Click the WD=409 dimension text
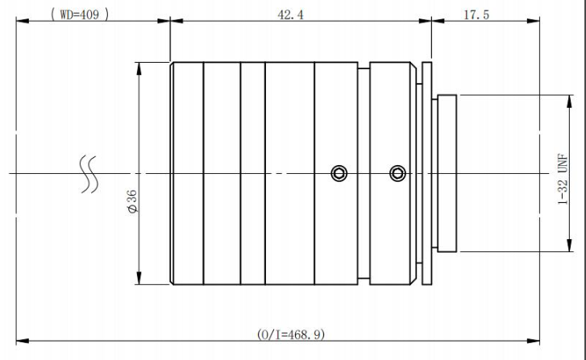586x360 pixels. [80, 14]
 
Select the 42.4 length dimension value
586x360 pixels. [290, 15]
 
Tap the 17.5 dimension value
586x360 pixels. [476, 15]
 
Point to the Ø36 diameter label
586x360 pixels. [133, 201]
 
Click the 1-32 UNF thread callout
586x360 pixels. [563, 179]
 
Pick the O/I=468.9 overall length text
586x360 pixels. [291, 334]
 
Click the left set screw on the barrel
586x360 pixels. [339, 174]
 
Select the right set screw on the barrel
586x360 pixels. [397, 173]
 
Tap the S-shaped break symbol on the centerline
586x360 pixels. [89, 175]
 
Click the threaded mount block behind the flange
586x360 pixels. [447, 173]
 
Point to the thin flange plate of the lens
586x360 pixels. [426, 173]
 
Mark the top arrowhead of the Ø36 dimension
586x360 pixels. [139, 68]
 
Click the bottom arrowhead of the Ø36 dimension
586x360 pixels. [139, 278]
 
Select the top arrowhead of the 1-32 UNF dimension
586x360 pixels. [569, 101]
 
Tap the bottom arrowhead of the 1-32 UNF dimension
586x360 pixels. [569, 246]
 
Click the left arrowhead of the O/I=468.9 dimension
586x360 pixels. [23, 341]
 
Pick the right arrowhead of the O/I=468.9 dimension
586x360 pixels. [534, 341]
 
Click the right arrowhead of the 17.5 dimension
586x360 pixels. [534, 21]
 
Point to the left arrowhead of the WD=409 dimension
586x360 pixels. [23, 21]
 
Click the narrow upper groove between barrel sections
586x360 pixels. [364, 66]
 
